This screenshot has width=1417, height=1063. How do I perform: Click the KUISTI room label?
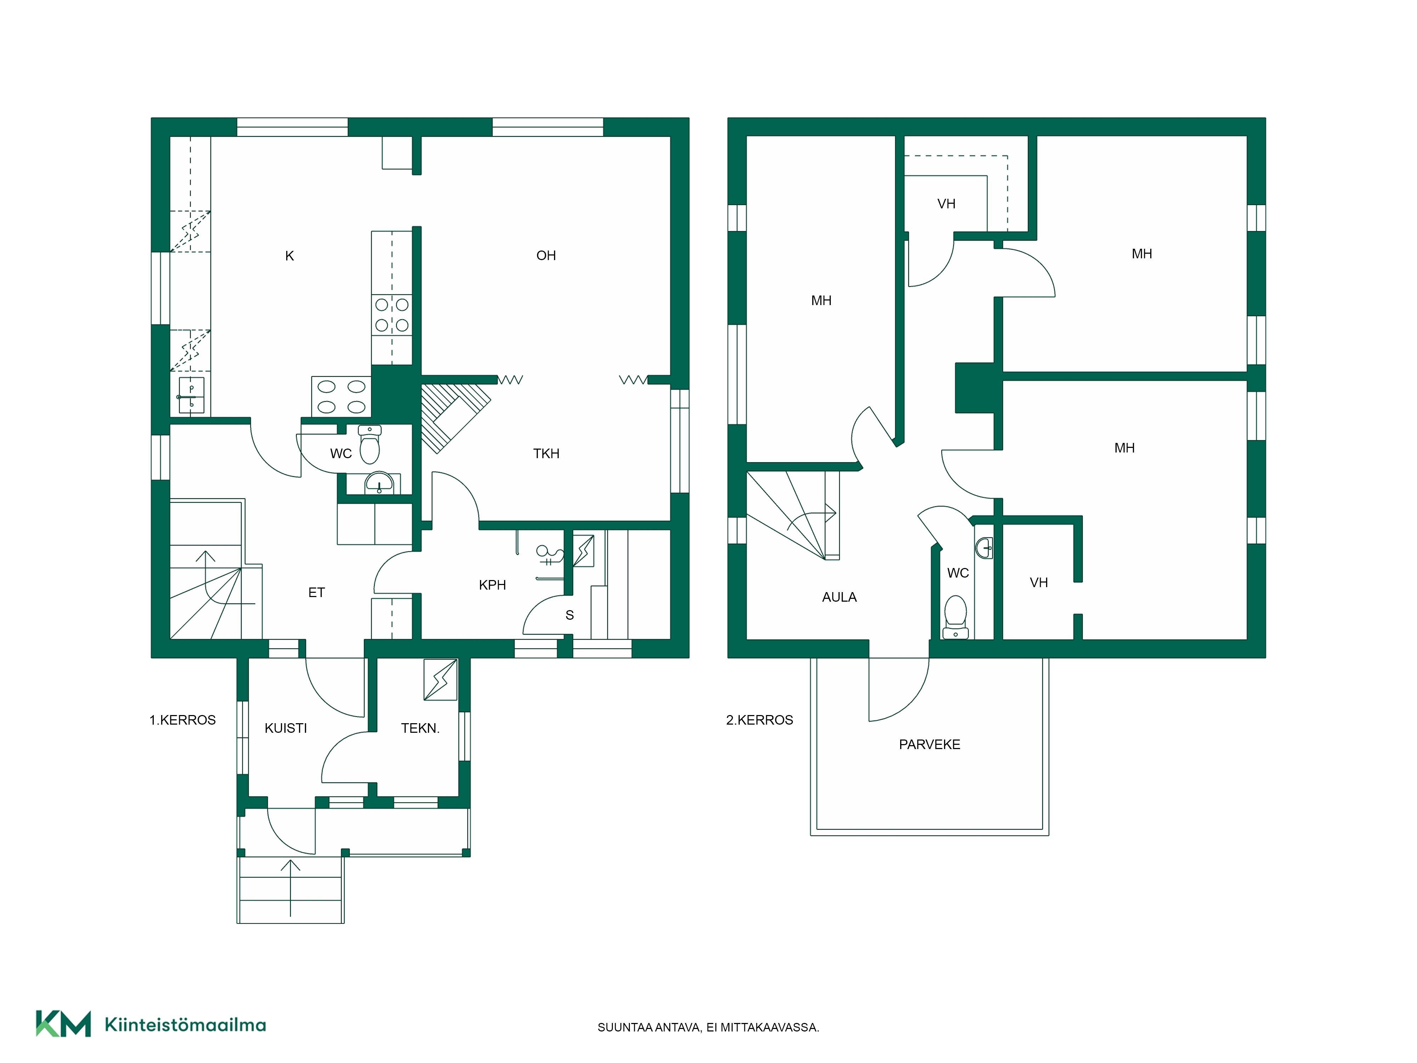[286, 728]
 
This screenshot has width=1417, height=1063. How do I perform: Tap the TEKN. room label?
[420, 728]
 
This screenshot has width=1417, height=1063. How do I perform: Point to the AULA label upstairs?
[839, 597]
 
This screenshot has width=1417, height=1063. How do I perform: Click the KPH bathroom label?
[492, 584]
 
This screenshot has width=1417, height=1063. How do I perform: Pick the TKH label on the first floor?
[546, 454]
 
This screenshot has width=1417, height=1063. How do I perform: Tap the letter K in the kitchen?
[289, 256]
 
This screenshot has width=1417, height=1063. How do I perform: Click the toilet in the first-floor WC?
[369, 444]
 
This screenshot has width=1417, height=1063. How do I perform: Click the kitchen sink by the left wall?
[191, 395]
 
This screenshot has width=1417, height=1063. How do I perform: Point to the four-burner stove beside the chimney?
[341, 396]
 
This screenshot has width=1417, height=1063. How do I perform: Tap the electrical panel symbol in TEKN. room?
[441, 679]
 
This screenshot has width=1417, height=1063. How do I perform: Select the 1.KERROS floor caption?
[182, 720]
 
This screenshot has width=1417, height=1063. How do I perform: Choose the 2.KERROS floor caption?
[760, 720]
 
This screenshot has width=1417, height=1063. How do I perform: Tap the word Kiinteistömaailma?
[185, 1025]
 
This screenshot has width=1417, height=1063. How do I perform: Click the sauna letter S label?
[570, 615]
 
